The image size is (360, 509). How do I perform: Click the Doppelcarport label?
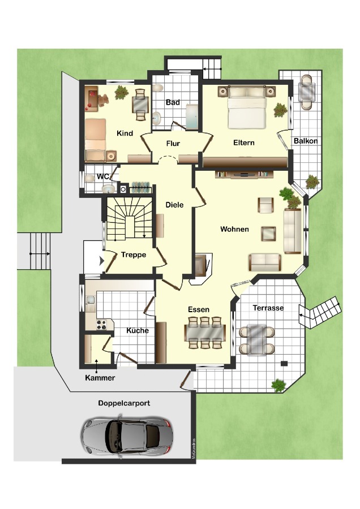point(124,403)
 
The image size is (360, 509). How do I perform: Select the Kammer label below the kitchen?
point(100,378)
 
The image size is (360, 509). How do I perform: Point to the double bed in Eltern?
point(247,107)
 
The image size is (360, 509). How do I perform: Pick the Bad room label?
point(173,102)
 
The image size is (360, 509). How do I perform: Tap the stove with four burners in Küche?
point(101,325)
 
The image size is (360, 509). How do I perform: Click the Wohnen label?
point(234,229)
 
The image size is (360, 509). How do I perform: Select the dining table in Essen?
point(205,333)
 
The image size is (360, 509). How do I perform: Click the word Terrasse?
point(268,308)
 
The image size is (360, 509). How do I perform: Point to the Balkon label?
point(306,141)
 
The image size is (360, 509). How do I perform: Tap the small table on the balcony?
point(307,92)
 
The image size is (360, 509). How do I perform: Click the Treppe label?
point(134,255)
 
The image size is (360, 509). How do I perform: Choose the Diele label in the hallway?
point(174,205)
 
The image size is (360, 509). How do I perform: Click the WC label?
point(102,177)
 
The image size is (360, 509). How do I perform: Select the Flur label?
point(173,144)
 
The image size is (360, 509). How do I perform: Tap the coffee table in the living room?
point(269,234)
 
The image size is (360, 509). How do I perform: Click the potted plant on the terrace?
point(278,385)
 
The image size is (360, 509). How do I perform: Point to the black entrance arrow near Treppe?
point(102,260)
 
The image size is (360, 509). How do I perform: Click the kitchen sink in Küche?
point(90,300)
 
